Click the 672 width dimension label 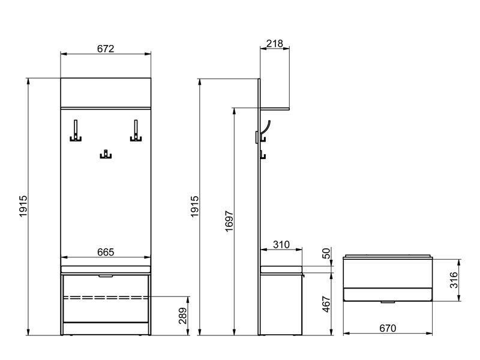coord(106,49)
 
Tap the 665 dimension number coord(106,252)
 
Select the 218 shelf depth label coord(275,43)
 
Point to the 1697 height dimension coord(229,221)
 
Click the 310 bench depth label coord(281,245)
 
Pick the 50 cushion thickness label coord(326,253)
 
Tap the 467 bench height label coord(326,304)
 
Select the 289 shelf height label coord(182,316)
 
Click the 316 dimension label coord(454,280)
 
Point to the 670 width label coord(388,328)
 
